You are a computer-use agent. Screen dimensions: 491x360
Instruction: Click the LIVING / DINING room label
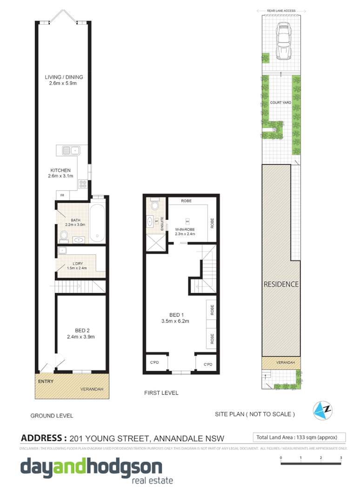[64, 77]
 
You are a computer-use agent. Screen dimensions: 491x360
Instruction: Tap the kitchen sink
[69, 150]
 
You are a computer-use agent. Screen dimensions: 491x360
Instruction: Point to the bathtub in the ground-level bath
[98, 222]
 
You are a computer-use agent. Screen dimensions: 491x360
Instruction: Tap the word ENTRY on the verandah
[46, 382]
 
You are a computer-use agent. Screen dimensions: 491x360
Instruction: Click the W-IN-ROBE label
[184, 229]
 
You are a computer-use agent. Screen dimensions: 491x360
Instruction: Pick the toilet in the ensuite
[155, 205]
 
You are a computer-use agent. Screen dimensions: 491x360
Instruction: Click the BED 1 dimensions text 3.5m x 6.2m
[175, 321]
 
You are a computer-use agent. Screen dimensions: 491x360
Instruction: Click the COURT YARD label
[280, 102]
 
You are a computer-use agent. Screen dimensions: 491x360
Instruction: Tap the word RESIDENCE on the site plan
[281, 284]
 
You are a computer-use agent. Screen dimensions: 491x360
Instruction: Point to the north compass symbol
[324, 410]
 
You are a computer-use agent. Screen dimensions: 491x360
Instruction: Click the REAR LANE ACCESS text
[281, 10]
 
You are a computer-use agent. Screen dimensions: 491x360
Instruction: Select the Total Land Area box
[299, 437]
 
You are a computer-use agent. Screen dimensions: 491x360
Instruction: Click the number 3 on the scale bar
[341, 458]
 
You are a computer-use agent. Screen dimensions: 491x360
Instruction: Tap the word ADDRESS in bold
[42, 438]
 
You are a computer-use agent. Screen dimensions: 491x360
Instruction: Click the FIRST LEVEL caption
[161, 393]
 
